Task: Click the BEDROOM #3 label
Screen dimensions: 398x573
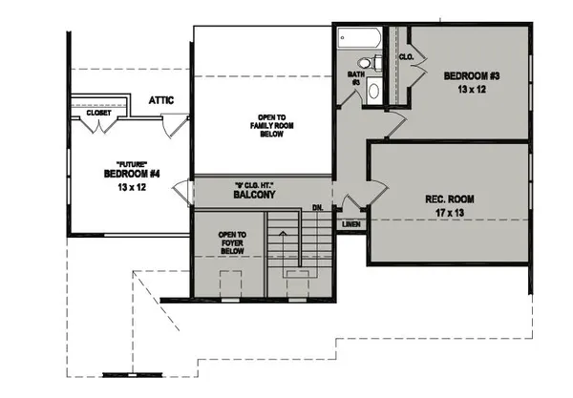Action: click(x=467, y=75)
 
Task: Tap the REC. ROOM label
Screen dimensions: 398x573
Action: click(x=451, y=199)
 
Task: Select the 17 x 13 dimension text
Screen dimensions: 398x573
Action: click(x=451, y=213)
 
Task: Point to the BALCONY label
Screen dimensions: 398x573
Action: click(x=254, y=195)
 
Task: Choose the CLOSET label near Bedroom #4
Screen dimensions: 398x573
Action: click(x=99, y=113)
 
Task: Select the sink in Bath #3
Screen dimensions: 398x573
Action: click(x=374, y=92)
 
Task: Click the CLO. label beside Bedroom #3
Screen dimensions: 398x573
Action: click(x=405, y=57)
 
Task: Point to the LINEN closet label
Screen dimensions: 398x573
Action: click(x=350, y=225)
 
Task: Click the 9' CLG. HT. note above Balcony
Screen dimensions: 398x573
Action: click(x=254, y=184)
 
